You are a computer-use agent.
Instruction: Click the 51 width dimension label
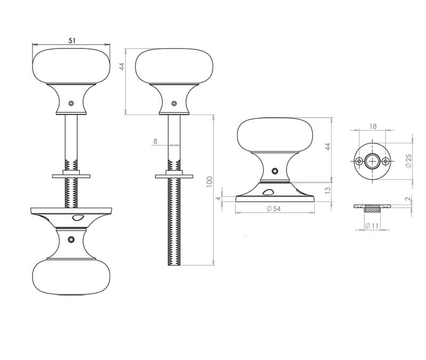(x=72, y=40)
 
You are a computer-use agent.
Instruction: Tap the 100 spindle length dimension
(x=209, y=182)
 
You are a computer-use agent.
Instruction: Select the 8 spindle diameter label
(x=155, y=141)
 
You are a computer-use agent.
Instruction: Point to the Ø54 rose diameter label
(x=273, y=209)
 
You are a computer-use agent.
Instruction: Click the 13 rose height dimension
(x=328, y=190)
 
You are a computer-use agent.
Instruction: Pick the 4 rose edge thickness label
(x=219, y=199)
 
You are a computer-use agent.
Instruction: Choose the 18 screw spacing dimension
(x=373, y=126)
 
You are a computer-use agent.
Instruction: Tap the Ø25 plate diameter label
(x=408, y=161)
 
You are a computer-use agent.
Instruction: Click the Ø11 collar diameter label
(x=372, y=226)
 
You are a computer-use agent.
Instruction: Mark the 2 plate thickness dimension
(x=407, y=199)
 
